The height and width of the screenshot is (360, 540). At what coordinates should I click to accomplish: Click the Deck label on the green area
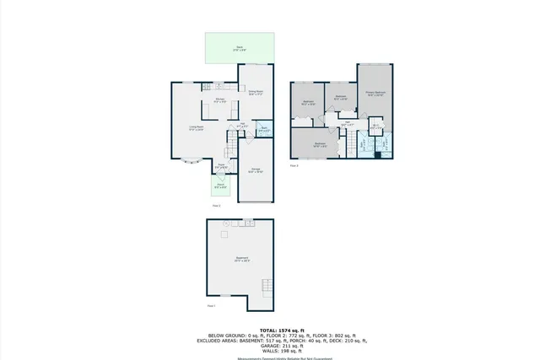pos(240,49)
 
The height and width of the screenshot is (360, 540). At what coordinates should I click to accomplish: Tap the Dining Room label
pos(256,93)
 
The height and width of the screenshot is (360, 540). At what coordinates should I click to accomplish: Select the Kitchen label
pos(218,102)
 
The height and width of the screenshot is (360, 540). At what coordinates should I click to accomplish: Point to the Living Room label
pos(196,128)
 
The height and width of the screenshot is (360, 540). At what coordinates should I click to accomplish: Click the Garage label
pos(256,170)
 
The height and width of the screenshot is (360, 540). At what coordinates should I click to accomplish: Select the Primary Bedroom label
pos(375,94)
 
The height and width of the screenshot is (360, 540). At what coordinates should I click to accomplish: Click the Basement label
pos(241,260)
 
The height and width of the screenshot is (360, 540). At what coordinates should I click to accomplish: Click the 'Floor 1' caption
pos(211,305)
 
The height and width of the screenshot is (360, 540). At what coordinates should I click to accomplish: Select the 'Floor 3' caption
pos(294,165)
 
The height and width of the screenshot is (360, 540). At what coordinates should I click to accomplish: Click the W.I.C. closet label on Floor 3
pos(375,128)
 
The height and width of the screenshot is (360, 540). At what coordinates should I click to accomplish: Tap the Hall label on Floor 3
pos(348,124)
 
